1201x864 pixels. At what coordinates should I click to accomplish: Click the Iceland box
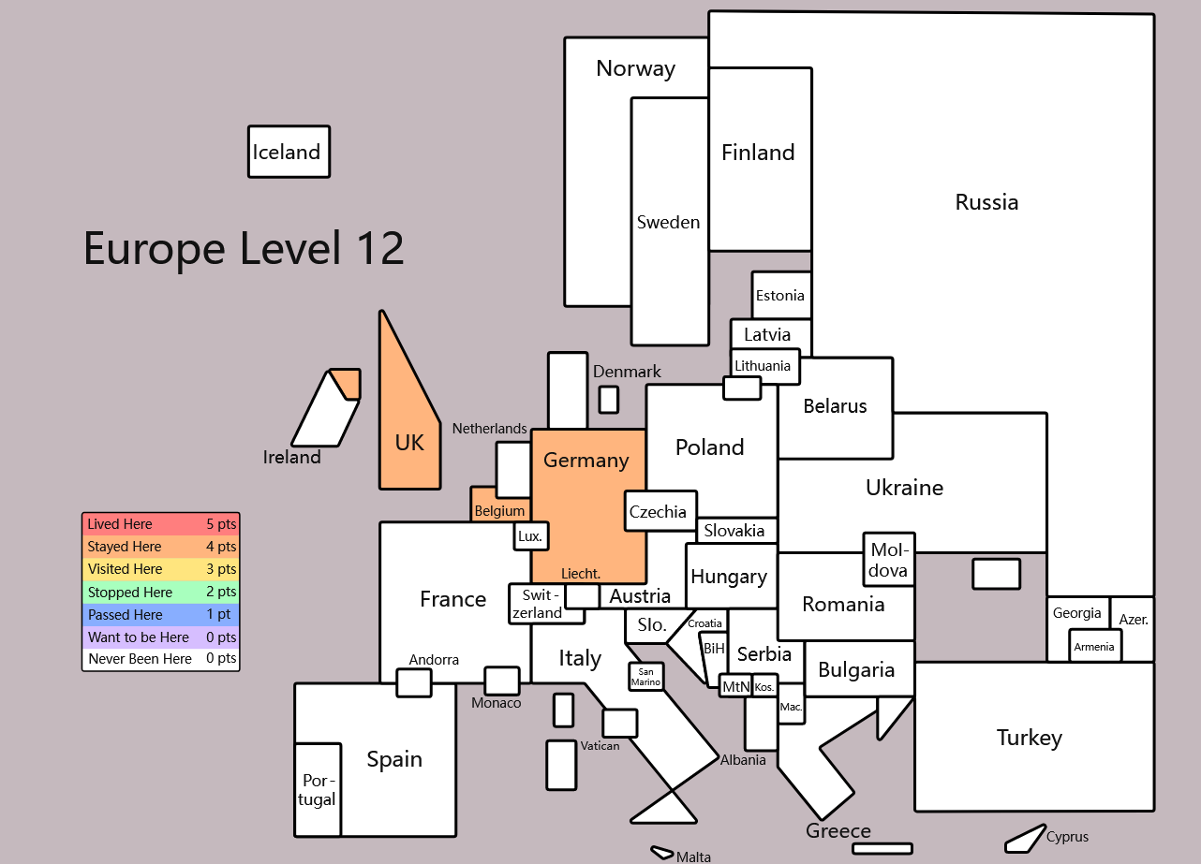[289, 152]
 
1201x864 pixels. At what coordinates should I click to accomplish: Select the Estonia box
[781, 295]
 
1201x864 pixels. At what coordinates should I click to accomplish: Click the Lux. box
[531, 536]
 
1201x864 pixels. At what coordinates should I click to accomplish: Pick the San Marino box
[645, 677]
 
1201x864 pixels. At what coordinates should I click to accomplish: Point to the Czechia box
[660, 511]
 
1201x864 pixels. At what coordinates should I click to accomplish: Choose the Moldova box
[888, 560]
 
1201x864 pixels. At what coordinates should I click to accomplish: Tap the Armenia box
[1094, 647]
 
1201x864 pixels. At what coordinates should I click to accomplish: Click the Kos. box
[764, 687]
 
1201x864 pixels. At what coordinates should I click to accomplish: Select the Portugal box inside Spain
[318, 789]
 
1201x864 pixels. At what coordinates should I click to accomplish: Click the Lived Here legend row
[161, 524]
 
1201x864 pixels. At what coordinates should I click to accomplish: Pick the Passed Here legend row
[161, 614]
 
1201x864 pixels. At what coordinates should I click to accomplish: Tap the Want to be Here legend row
[161, 637]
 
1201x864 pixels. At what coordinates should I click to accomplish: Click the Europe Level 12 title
[244, 249]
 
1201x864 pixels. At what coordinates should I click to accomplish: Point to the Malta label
[694, 857]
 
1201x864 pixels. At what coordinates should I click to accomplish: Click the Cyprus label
[1067, 836]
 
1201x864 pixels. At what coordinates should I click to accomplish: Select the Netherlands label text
[490, 429]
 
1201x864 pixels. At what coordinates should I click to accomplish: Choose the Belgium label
[499, 511]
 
